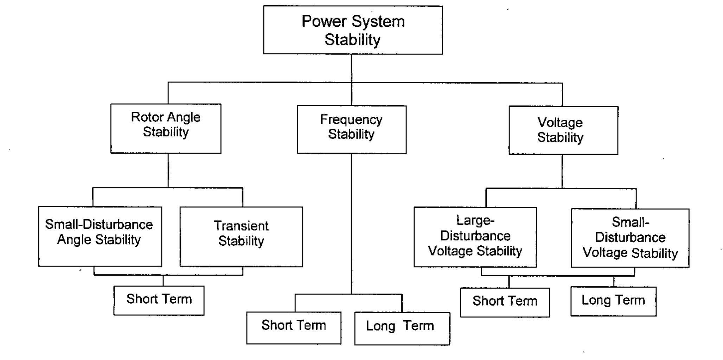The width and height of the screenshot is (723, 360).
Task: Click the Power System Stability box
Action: tap(353, 30)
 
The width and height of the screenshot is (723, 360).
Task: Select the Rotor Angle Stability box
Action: tap(166, 128)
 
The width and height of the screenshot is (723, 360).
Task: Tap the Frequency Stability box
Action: tap(352, 129)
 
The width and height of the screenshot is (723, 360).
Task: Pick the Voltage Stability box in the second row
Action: tap(563, 130)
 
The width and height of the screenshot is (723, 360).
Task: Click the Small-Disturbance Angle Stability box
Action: tap(100, 236)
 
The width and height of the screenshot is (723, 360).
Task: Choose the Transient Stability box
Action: tap(241, 237)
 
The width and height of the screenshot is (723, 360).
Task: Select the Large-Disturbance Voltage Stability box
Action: tap(475, 237)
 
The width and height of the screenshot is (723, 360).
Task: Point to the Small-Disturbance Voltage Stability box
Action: tap(630, 238)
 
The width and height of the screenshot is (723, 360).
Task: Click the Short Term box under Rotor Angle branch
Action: tap(159, 300)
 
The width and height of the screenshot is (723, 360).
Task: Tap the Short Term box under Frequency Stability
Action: tap(294, 328)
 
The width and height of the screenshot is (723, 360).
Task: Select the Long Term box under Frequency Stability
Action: tap(402, 328)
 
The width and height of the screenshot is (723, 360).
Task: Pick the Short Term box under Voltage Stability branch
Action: tap(505, 302)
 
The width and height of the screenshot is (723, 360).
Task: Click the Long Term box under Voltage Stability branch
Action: tap(613, 301)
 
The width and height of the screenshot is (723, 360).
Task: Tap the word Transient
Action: tap(241, 226)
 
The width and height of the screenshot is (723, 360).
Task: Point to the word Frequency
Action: tap(351, 120)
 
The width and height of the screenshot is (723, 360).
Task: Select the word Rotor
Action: tap(143, 117)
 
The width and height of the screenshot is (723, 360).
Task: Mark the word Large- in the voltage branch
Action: tap(475, 220)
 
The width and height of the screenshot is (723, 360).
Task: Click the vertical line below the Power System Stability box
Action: tap(351, 68)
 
